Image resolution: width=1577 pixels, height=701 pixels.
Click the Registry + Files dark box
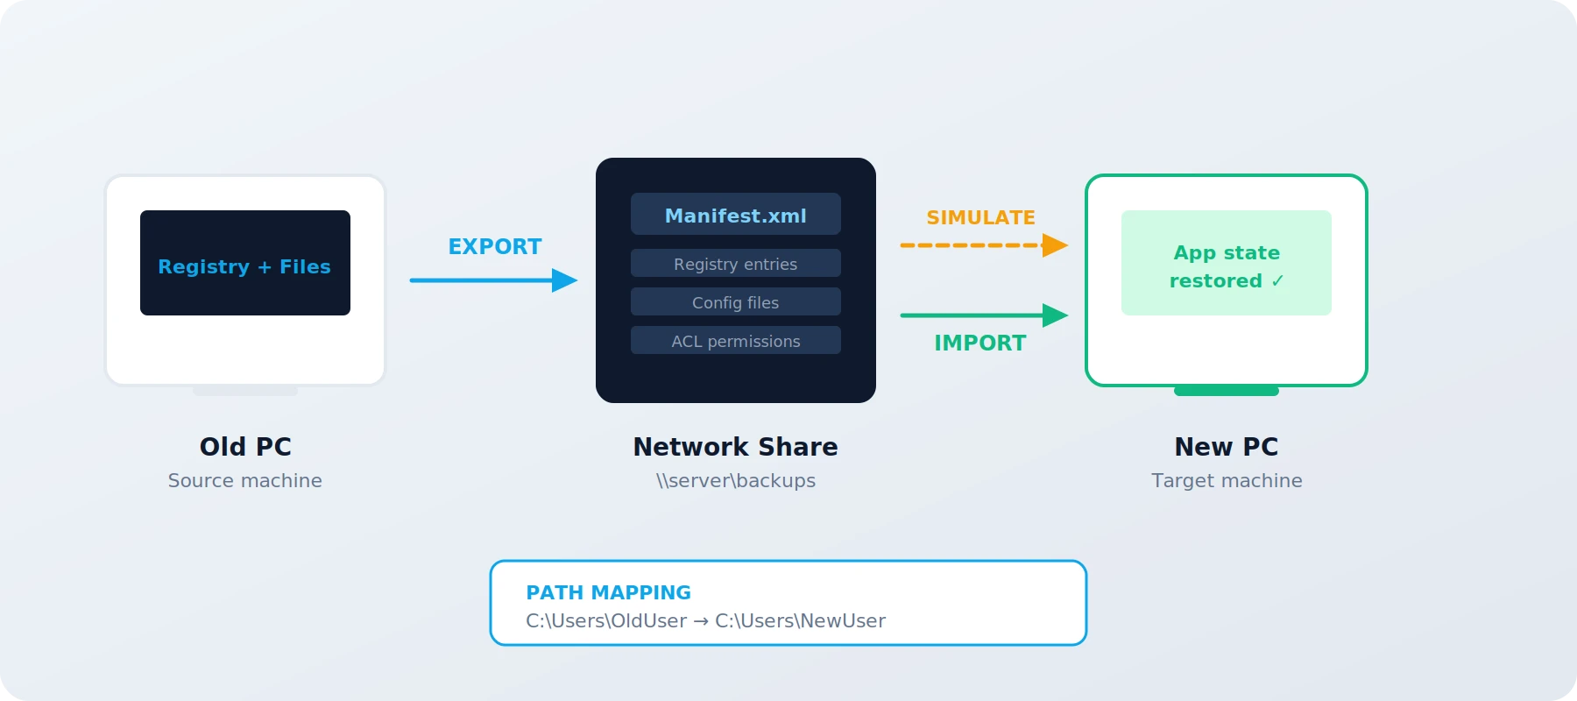245,263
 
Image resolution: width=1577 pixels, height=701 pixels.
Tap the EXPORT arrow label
495,247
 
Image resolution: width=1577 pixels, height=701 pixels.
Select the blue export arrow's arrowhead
564,280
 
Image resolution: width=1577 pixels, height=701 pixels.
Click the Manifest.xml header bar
736,215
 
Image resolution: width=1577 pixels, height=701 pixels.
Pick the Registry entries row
736,264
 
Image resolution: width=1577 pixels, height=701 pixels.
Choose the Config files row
736,302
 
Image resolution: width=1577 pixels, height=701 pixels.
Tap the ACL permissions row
736,341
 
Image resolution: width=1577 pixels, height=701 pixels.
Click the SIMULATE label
980,217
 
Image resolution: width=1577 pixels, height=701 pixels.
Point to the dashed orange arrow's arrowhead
1055,245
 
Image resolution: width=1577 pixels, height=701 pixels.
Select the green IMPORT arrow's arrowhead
1055,315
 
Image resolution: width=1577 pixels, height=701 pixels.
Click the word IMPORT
979,343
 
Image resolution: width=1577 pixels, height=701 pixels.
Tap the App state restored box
1227,263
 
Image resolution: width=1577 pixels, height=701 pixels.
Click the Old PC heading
245,447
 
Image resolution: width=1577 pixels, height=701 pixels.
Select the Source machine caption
245,481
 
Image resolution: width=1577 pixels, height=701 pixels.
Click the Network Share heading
736,447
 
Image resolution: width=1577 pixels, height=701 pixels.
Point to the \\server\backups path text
736,481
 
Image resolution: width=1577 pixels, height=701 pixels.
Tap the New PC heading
1227,447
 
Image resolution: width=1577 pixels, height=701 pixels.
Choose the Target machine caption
1227,481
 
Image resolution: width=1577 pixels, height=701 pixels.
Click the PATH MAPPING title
608,593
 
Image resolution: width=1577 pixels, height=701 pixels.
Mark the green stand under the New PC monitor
1227,391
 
